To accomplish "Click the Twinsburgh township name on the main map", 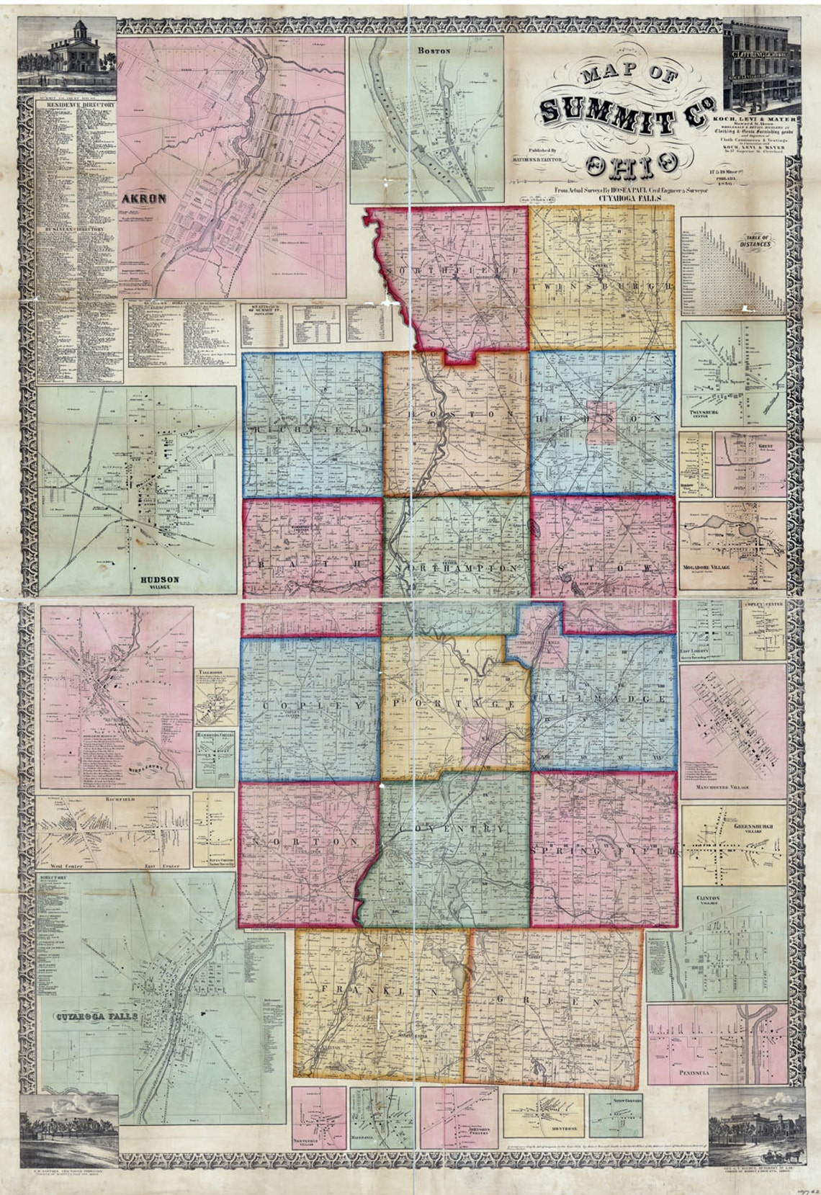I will coord(601,286).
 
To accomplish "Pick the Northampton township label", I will coord(456,568).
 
